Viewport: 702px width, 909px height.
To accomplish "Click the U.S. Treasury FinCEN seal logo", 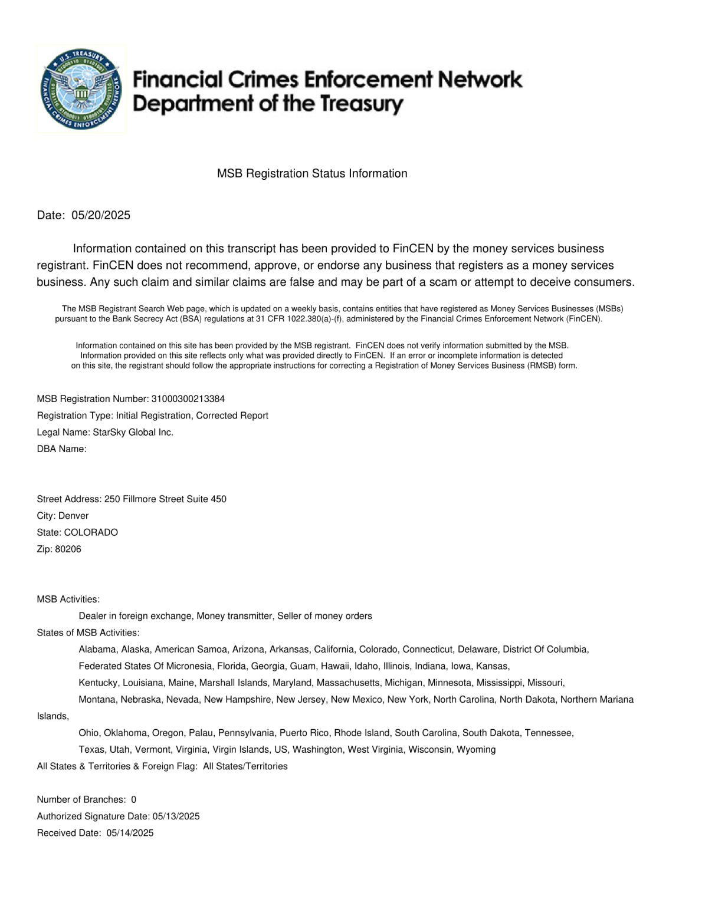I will tap(81, 89).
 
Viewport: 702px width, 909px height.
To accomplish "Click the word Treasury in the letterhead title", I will tap(362, 105).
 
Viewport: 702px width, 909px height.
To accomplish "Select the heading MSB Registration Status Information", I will tap(312, 173).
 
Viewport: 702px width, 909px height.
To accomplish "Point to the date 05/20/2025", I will tap(101, 215).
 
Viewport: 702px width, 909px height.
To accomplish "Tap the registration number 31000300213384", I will tap(188, 399).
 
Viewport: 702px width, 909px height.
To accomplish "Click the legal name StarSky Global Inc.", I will tap(133, 432).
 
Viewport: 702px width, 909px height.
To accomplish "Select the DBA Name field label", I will tap(61, 449).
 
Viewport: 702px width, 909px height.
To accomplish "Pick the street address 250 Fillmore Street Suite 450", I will tap(165, 499).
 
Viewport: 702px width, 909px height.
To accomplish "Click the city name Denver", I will tap(73, 516).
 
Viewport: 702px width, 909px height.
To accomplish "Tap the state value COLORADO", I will tap(91, 532).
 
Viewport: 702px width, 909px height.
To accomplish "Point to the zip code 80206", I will tap(68, 549).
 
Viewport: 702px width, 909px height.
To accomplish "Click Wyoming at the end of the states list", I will tap(476, 750).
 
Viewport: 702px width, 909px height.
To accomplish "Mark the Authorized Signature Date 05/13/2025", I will tap(176, 816).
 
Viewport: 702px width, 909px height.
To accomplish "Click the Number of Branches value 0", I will tap(134, 800).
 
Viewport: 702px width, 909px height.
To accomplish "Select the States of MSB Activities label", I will tap(88, 633).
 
